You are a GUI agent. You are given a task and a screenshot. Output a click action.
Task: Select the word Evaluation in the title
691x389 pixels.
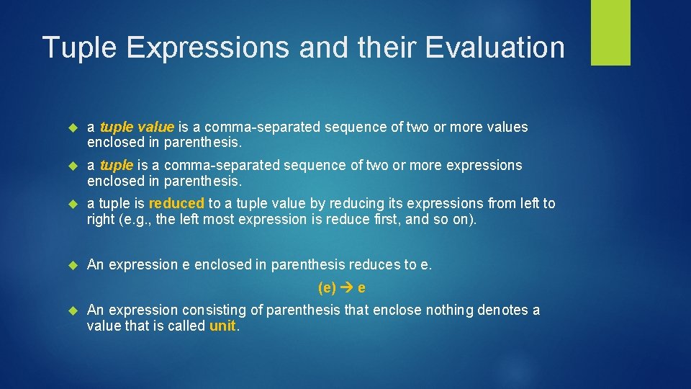tap(495, 48)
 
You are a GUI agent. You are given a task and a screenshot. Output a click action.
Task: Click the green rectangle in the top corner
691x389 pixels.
tap(610, 32)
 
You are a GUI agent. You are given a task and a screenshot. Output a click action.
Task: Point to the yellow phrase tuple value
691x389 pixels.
tap(137, 128)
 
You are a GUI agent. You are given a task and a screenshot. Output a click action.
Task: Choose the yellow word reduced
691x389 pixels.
tap(176, 204)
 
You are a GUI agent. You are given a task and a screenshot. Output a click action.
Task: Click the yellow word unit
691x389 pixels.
tap(222, 326)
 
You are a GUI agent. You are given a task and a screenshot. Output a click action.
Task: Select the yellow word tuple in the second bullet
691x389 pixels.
tap(116, 166)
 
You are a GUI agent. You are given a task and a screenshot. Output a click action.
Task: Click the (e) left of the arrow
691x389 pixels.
tap(328, 288)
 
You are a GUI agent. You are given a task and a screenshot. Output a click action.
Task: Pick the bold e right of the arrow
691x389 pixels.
tap(361, 288)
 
